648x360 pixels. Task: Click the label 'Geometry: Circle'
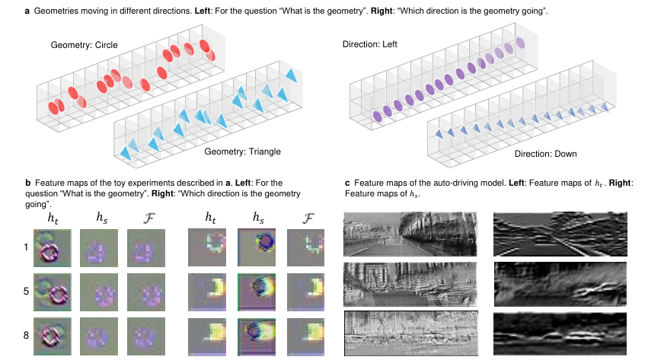(84, 45)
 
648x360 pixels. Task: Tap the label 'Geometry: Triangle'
(243, 151)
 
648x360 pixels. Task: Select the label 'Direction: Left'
(370, 44)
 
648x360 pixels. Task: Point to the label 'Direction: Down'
(545, 154)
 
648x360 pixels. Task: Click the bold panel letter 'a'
(27, 11)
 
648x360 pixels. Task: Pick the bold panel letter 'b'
(27, 183)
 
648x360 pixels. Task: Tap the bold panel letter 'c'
(347, 183)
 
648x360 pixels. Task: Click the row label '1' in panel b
(26, 247)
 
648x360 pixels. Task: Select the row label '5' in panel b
(26, 291)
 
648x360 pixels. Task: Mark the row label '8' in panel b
(26, 335)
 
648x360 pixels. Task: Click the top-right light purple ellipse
(520, 43)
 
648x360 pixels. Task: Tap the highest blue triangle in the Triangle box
(292, 75)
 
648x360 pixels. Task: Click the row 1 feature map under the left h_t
(53, 247)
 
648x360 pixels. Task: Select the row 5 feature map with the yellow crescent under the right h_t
(207, 292)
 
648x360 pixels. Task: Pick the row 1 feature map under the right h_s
(257, 247)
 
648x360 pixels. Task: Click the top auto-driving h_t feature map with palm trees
(410, 234)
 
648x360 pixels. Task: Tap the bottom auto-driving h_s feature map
(560, 333)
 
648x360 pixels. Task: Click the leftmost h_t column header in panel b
(53, 218)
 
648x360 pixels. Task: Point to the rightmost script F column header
(308, 218)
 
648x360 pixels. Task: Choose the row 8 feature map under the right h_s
(257, 336)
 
